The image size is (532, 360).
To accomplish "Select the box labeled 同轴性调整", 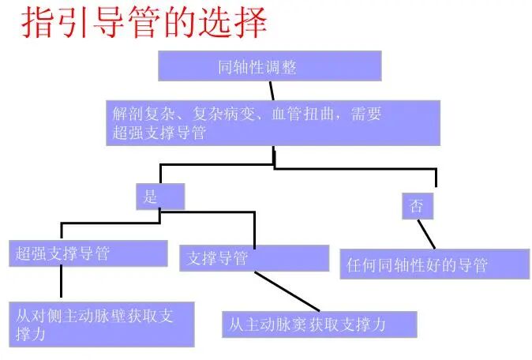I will [269, 66].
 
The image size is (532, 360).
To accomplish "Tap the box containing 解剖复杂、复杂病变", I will [272, 123].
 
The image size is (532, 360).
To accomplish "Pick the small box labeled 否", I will [417, 206].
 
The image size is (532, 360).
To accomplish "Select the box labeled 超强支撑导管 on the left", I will [88, 253].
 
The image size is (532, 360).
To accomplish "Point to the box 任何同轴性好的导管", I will [435, 264].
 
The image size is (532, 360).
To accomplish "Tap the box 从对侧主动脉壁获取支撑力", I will [102, 324].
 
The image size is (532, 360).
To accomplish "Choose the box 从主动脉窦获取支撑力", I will [319, 324].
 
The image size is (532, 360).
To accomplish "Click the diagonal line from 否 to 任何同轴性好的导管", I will [425, 234].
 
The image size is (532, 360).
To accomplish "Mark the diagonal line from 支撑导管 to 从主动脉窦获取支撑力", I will [287, 291].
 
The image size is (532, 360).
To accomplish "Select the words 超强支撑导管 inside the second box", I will [156, 133].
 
